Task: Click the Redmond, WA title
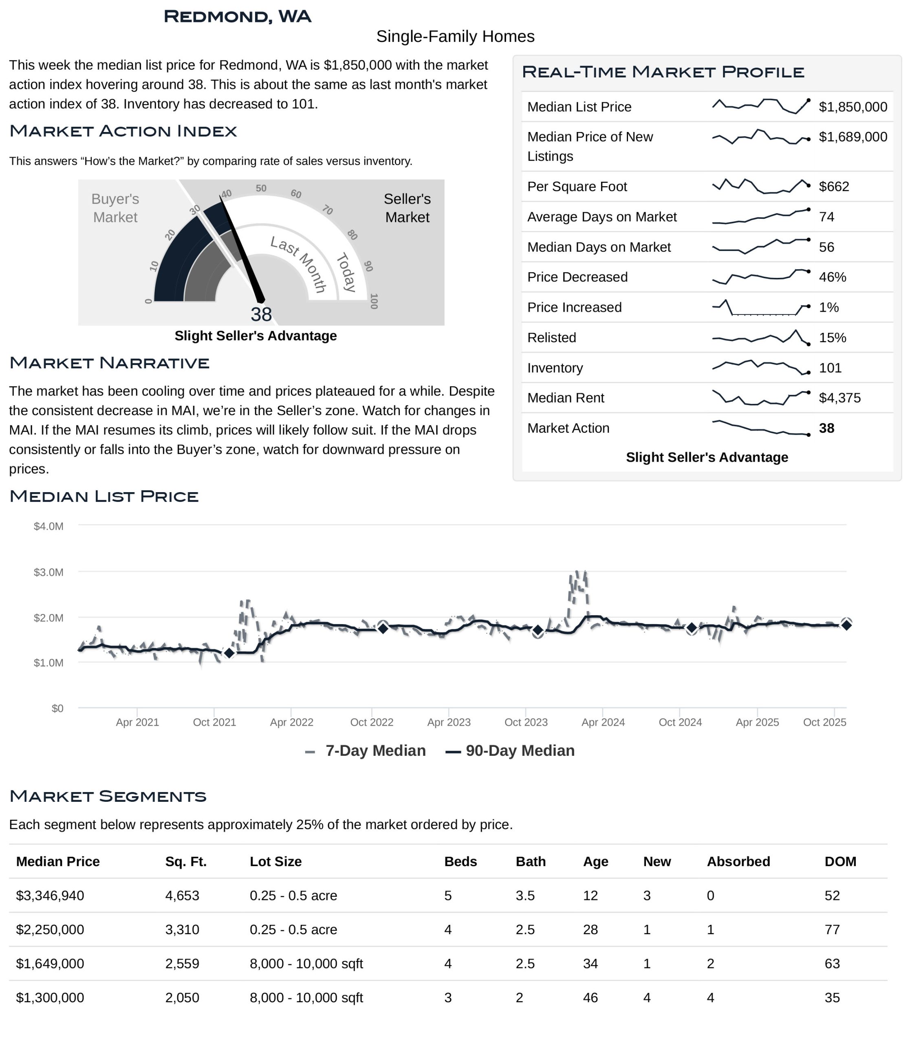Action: pyautogui.click(x=237, y=17)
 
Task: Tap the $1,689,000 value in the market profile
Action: pyautogui.click(x=853, y=137)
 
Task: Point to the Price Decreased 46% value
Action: pyautogui.click(x=832, y=277)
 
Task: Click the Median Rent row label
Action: pyautogui.click(x=565, y=398)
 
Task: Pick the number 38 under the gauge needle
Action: pyautogui.click(x=261, y=315)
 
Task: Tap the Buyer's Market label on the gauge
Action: pyautogui.click(x=115, y=208)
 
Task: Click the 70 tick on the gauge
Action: pyautogui.click(x=328, y=210)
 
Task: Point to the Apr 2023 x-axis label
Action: pyautogui.click(x=449, y=723)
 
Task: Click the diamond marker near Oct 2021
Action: pyautogui.click(x=229, y=653)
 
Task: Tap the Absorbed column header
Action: pyautogui.click(x=738, y=862)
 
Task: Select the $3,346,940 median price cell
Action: pyautogui.click(x=50, y=896)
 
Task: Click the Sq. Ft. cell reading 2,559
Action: pyautogui.click(x=182, y=964)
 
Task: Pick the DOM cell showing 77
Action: pyautogui.click(x=832, y=930)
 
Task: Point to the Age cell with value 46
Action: pyautogui.click(x=590, y=998)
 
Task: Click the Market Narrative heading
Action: pyautogui.click(x=109, y=363)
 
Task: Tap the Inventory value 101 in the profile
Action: pyautogui.click(x=830, y=368)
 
